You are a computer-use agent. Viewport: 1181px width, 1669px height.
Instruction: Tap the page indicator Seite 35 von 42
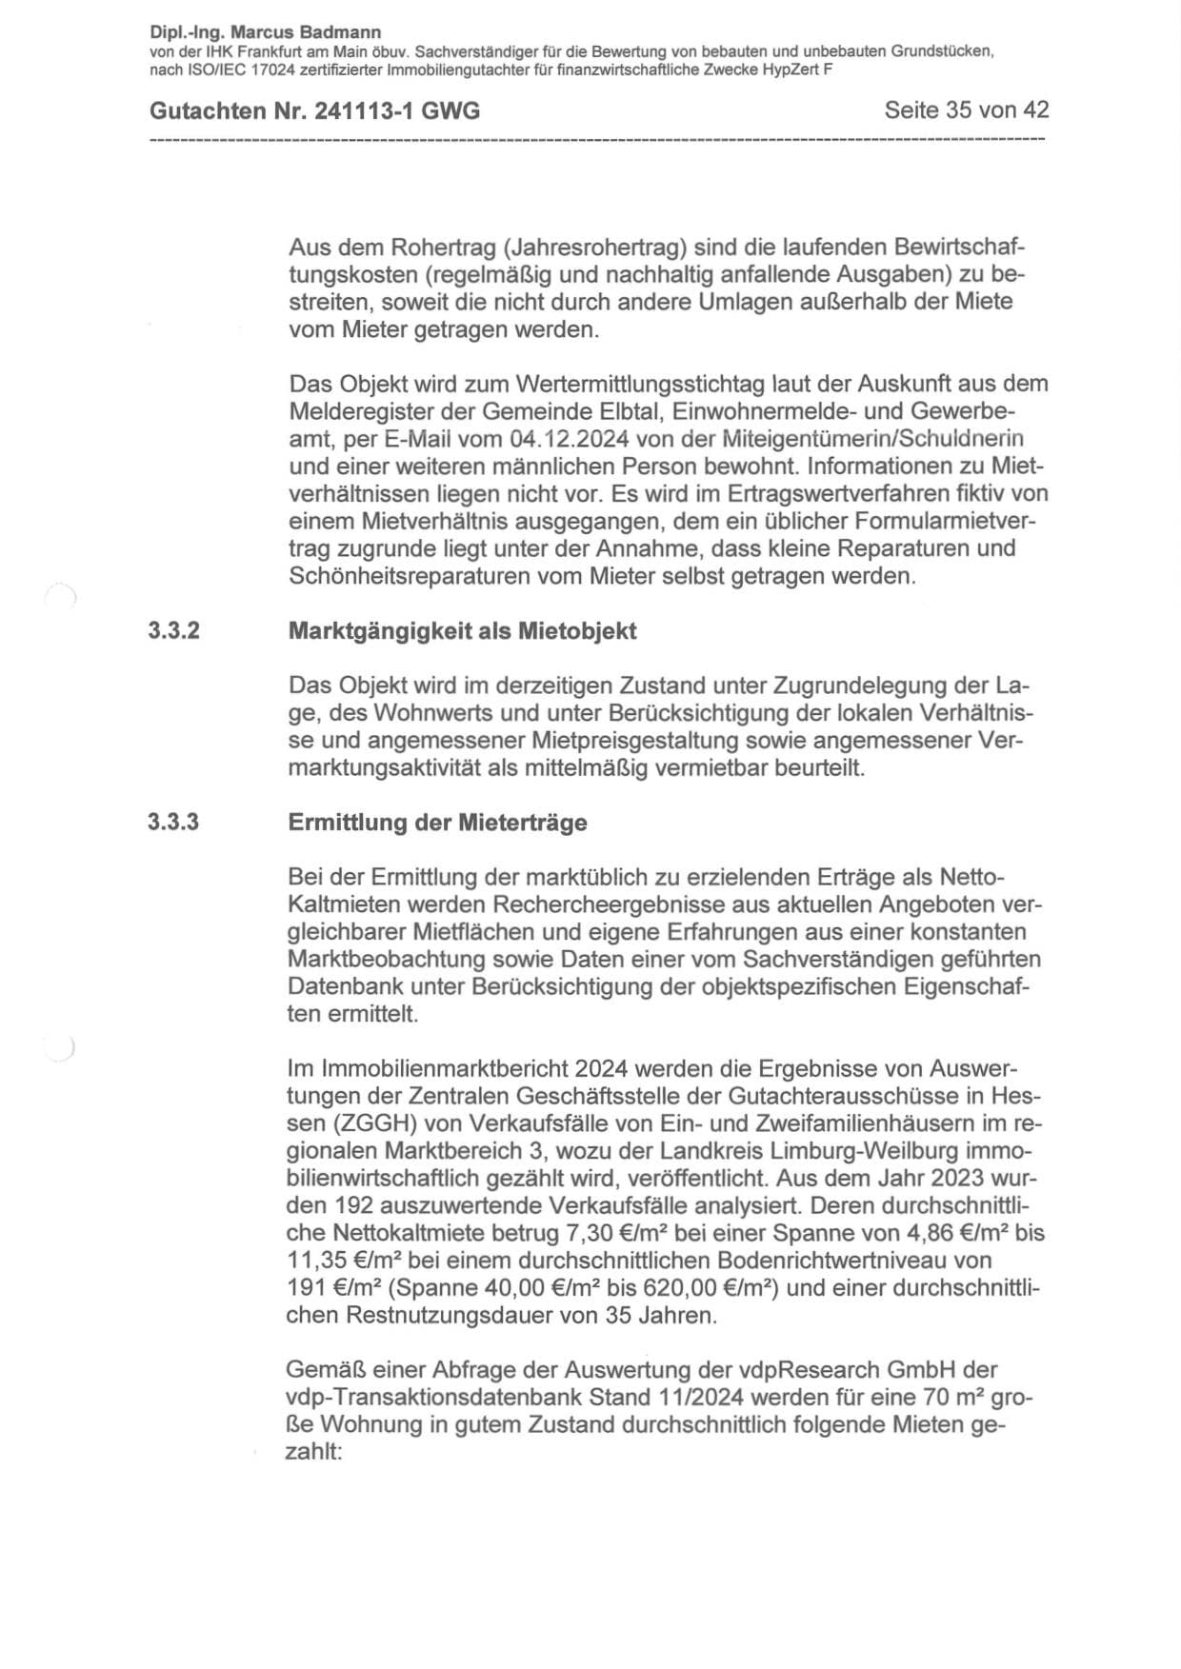pos(966,110)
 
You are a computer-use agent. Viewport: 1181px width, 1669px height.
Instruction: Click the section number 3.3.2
pos(173,631)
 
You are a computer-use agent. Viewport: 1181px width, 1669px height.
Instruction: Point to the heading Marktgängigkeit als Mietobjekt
pos(462,631)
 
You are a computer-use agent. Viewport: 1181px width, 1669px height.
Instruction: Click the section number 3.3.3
pos(173,822)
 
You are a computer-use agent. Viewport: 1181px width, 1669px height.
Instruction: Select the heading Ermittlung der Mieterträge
pos(437,822)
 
